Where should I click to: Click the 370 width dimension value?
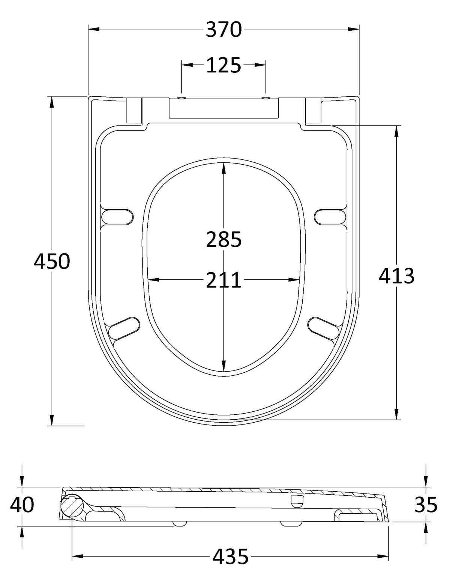click(223, 30)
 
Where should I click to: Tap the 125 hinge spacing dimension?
click(223, 65)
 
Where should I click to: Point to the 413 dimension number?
click(396, 276)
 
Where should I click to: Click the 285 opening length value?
click(224, 239)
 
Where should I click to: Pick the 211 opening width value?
click(224, 280)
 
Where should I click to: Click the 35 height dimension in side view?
click(426, 504)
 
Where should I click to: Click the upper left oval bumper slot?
click(117, 216)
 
